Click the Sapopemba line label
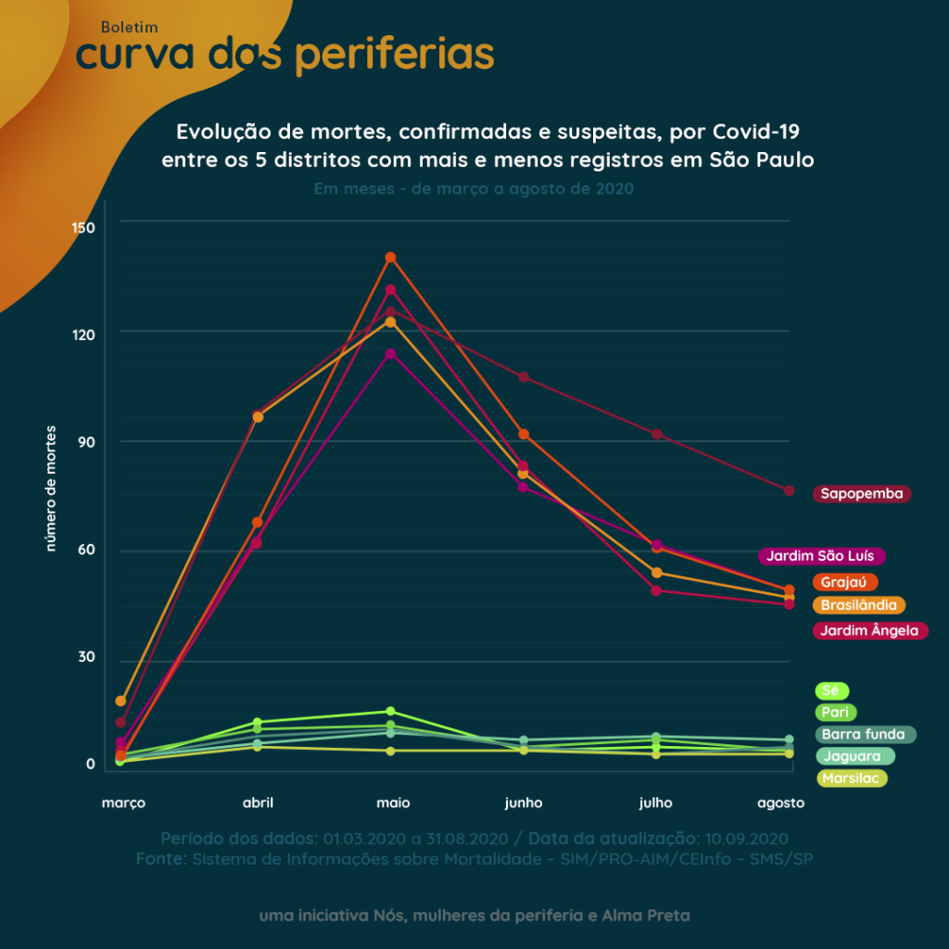tap(862, 494)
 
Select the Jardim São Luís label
tap(822, 556)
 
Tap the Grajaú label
tap(844, 582)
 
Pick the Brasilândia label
tap(858, 605)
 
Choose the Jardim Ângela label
tap(869, 631)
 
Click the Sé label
tap(831, 690)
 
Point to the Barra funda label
tap(866, 735)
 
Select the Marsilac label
tap(851, 778)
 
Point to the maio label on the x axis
tap(393, 803)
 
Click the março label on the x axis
tap(123, 803)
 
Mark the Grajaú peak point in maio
tap(390, 257)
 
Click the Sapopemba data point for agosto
tap(789, 490)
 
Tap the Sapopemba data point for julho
tap(657, 434)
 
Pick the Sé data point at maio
tap(390, 712)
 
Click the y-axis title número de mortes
tap(52, 488)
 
